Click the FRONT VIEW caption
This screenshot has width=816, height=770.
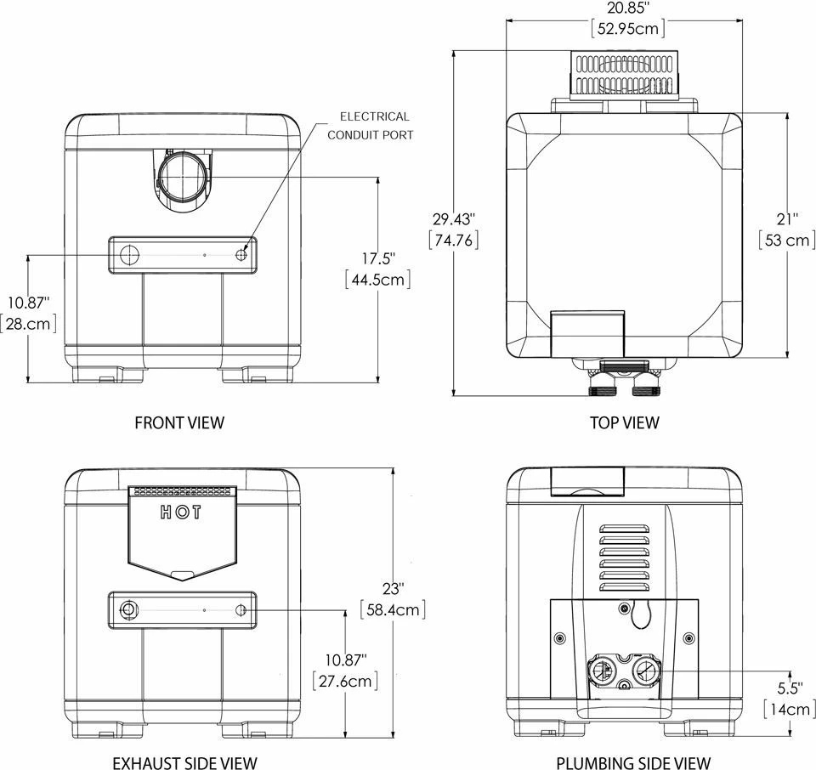pos(179,422)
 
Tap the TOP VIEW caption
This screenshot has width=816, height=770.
pos(624,422)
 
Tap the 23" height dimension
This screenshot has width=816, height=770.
pos(394,587)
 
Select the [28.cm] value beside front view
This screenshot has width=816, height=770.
pos(30,323)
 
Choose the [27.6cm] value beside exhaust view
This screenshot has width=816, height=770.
pos(344,681)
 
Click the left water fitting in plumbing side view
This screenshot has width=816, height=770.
pos(601,670)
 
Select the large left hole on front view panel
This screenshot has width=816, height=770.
pos(129,255)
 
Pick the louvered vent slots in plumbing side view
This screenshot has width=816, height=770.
pos(624,557)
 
